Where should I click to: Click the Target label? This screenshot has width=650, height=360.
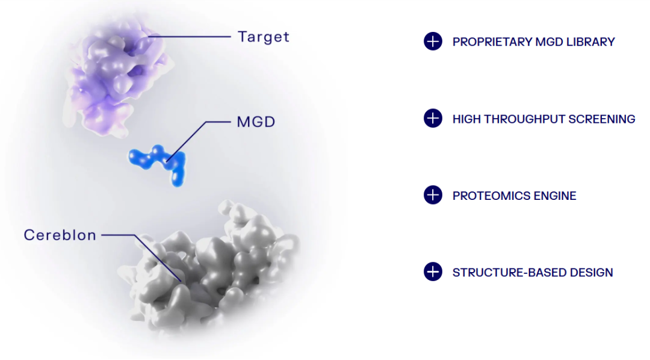click(x=263, y=37)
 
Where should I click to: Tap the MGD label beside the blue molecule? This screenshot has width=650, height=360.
click(x=256, y=122)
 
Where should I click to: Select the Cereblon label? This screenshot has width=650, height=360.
click(x=60, y=235)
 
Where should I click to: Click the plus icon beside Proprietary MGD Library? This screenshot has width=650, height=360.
click(x=433, y=42)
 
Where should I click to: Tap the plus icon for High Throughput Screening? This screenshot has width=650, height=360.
click(x=433, y=119)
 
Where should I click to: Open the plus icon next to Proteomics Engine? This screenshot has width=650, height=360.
click(x=433, y=195)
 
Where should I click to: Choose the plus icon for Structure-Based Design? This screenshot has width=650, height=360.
click(x=433, y=272)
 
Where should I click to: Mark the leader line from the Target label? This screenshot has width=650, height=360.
click(x=193, y=37)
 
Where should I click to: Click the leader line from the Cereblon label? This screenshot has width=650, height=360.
click(x=120, y=235)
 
